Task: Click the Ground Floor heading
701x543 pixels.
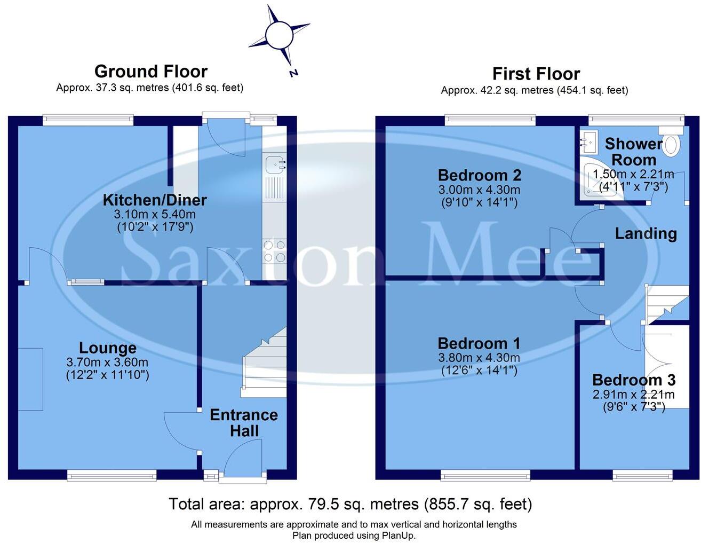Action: pyautogui.click(x=151, y=71)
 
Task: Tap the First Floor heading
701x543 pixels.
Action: pyautogui.click(x=536, y=74)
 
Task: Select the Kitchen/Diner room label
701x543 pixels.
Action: pyautogui.click(x=155, y=200)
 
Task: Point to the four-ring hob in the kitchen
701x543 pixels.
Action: pyautogui.click(x=274, y=251)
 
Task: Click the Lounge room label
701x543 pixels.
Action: pyautogui.click(x=108, y=348)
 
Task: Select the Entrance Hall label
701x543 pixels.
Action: pyautogui.click(x=244, y=423)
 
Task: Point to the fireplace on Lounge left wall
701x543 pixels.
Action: pyautogui.click(x=30, y=379)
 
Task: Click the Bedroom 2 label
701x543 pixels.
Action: pyautogui.click(x=479, y=175)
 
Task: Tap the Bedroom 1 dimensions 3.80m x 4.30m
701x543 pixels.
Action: pyautogui.click(x=479, y=358)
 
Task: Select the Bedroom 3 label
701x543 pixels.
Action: pyautogui.click(x=634, y=380)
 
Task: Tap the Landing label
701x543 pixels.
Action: pyautogui.click(x=646, y=233)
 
